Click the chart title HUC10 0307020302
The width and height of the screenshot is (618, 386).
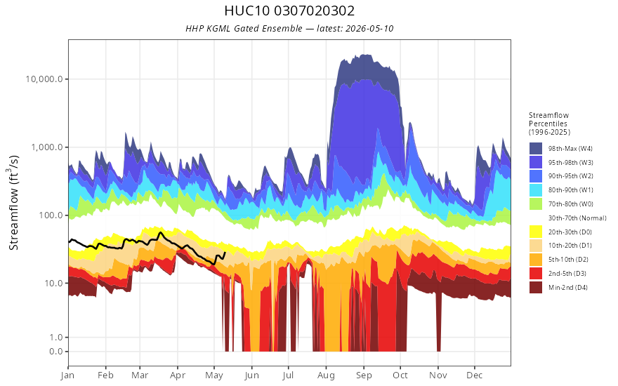pyautogui.click(x=289, y=11)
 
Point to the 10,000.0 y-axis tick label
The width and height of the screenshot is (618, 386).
pyautogui.click(x=44, y=79)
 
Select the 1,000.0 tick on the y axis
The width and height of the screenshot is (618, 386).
pyautogui.click(x=46, y=147)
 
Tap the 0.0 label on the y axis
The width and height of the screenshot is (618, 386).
pyautogui.click(x=56, y=352)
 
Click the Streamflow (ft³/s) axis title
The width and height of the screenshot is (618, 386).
pyautogui.click(x=14, y=202)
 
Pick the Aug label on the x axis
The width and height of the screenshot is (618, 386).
pyautogui.click(x=327, y=375)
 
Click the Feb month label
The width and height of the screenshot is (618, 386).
pyautogui.click(x=105, y=375)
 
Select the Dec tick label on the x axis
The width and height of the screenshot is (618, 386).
pyautogui.click(x=475, y=375)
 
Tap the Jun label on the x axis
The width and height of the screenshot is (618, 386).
pyautogui.click(x=251, y=375)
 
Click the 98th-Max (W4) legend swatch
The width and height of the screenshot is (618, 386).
pyautogui.click(x=536, y=149)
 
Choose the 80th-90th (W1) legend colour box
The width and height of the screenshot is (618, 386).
pyautogui.click(x=536, y=190)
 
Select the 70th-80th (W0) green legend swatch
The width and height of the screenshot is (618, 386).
pyautogui.click(x=536, y=204)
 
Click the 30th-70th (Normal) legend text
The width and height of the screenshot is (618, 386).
pyautogui.click(x=577, y=218)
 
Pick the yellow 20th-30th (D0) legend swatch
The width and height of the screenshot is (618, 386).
pyautogui.click(x=536, y=232)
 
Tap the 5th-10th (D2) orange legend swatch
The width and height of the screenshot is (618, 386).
pyautogui.click(x=536, y=260)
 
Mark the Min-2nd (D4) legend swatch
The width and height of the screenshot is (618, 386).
pyautogui.click(x=536, y=288)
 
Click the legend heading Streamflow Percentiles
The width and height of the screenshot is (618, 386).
pyautogui.click(x=549, y=119)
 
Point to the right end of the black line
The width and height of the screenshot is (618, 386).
pyautogui.click(x=225, y=252)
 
